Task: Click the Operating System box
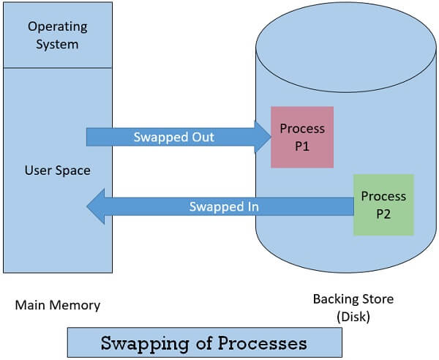pos(57,35)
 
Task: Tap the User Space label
pos(57,170)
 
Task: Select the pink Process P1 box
pos(302,137)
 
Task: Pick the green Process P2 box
pos(383,205)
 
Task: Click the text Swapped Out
pos(173,137)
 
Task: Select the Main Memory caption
pos(57,304)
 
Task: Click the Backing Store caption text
pos(353,299)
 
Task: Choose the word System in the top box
pos(57,44)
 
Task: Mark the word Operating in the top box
pos(57,27)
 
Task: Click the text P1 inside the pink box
pos(302,145)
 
